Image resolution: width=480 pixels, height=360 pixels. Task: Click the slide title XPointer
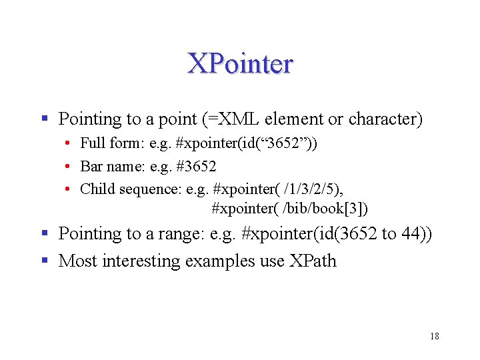[x=240, y=63]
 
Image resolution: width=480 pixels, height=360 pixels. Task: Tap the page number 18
[x=434, y=336]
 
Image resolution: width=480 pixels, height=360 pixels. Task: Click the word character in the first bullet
[x=387, y=119]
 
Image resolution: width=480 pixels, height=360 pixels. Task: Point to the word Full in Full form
[x=92, y=143]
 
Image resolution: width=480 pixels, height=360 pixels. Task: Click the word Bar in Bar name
[x=91, y=166]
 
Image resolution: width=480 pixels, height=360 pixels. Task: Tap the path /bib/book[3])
[x=325, y=209]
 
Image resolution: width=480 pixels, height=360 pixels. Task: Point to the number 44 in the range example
[x=415, y=234]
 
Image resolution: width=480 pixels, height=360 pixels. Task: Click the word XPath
[x=313, y=261]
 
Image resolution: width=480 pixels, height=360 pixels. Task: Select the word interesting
[x=139, y=261]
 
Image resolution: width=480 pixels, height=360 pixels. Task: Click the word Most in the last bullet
[x=75, y=261]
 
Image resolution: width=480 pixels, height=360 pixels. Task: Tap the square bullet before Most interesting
[x=45, y=260]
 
